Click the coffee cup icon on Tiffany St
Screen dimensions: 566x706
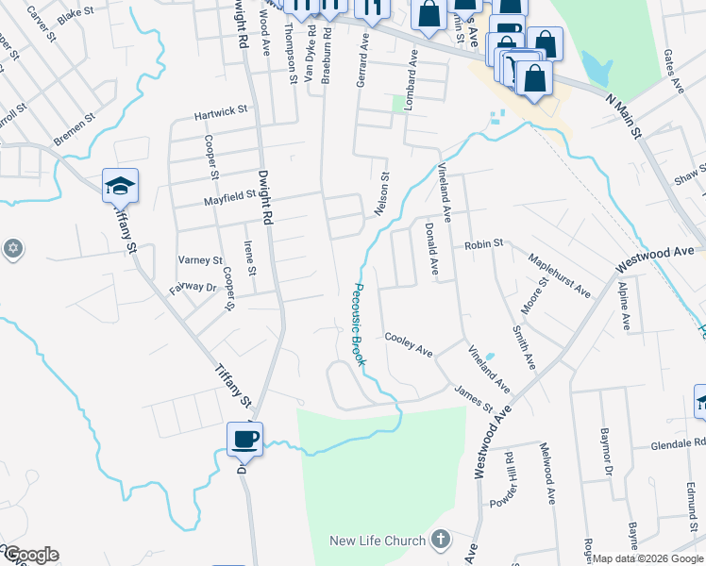coord(245,439)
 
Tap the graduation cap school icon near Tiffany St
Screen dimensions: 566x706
coord(121,186)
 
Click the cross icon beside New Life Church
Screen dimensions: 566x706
coord(438,541)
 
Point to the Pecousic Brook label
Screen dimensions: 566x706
coord(360,325)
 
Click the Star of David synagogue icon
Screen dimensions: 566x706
coord(11,249)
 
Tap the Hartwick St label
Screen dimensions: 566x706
coord(220,111)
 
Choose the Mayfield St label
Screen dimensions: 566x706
coord(230,196)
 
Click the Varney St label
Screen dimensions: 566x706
coord(200,260)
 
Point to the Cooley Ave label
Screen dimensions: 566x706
coord(408,344)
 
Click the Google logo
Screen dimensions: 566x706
coord(30,555)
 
